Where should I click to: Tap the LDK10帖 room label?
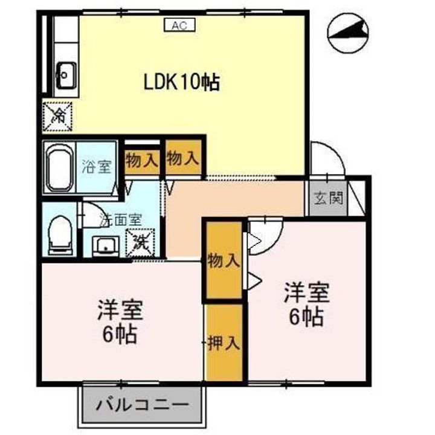(x=181, y=82)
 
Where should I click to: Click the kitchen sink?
(x=65, y=74)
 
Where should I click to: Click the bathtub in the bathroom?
(x=59, y=167)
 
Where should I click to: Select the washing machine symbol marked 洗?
(x=140, y=243)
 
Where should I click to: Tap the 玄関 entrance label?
(x=328, y=198)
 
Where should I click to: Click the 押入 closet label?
(x=224, y=343)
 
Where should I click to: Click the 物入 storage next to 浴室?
(x=142, y=161)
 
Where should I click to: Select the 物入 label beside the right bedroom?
(x=224, y=261)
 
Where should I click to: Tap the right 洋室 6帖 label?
(x=307, y=305)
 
